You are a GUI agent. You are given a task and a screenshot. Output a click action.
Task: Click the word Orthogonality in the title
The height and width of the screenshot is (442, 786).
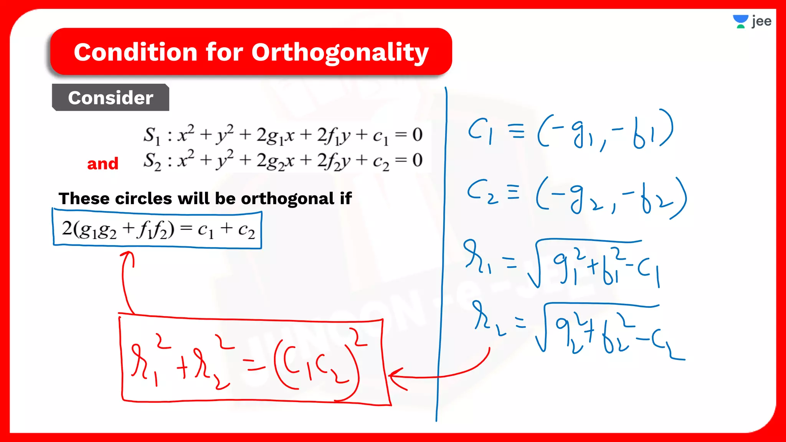point(340,53)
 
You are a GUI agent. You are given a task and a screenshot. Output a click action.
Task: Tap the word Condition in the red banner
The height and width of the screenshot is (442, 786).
point(136,52)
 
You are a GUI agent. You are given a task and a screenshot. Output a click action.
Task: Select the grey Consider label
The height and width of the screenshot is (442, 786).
point(111,98)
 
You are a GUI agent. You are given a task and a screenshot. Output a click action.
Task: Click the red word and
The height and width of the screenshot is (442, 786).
point(102,164)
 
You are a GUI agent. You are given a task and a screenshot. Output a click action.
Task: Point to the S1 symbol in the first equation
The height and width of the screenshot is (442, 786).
point(152,135)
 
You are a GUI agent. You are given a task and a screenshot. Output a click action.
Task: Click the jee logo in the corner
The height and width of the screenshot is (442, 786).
point(752,21)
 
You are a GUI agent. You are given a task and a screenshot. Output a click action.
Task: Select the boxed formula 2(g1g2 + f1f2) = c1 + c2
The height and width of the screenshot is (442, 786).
point(157,229)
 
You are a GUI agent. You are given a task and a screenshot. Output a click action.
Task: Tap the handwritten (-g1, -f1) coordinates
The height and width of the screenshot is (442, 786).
point(605,130)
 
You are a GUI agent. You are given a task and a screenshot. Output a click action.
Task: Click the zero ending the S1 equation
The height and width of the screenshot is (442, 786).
point(417,135)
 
